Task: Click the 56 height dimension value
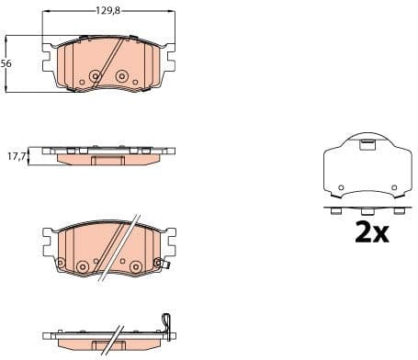6,63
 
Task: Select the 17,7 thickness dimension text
14,157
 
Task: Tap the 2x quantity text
372,232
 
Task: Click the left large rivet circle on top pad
93,76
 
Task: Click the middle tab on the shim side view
365,211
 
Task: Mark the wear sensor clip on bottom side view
165,322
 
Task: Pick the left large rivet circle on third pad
83,266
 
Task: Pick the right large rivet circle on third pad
135,266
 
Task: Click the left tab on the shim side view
336,211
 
